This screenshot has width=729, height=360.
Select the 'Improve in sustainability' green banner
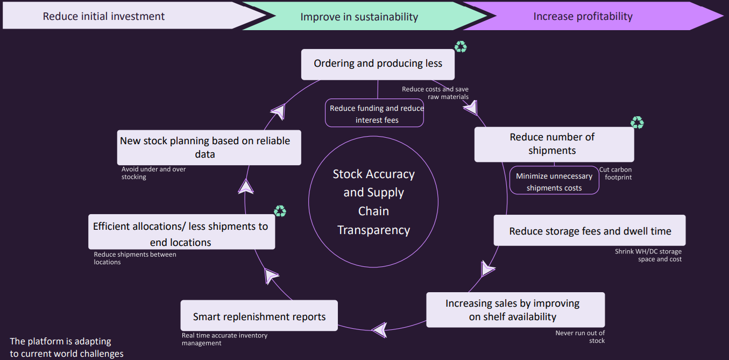point(359,17)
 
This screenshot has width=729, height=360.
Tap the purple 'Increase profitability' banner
point(583,16)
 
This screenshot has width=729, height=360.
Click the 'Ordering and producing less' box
point(378,64)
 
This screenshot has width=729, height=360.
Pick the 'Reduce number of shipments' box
point(554,144)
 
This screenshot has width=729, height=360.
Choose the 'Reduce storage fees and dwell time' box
point(590,231)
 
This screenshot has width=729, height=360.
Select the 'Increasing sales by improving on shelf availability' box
point(515,310)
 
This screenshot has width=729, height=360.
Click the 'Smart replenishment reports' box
point(259,316)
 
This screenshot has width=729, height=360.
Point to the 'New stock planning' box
point(209,147)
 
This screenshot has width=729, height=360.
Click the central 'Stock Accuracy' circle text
point(373,202)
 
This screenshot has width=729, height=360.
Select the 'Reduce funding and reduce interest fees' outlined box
point(375,114)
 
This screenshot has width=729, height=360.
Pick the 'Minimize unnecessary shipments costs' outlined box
point(554,181)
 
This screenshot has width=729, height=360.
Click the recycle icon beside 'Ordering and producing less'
point(461,47)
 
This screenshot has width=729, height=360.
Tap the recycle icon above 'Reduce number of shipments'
point(637,123)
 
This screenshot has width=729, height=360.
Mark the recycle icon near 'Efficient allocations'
point(280,211)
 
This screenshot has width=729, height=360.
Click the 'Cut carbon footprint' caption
point(615,173)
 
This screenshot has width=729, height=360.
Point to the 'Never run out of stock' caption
point(580,337)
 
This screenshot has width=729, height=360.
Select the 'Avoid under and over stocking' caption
point(153,173)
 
